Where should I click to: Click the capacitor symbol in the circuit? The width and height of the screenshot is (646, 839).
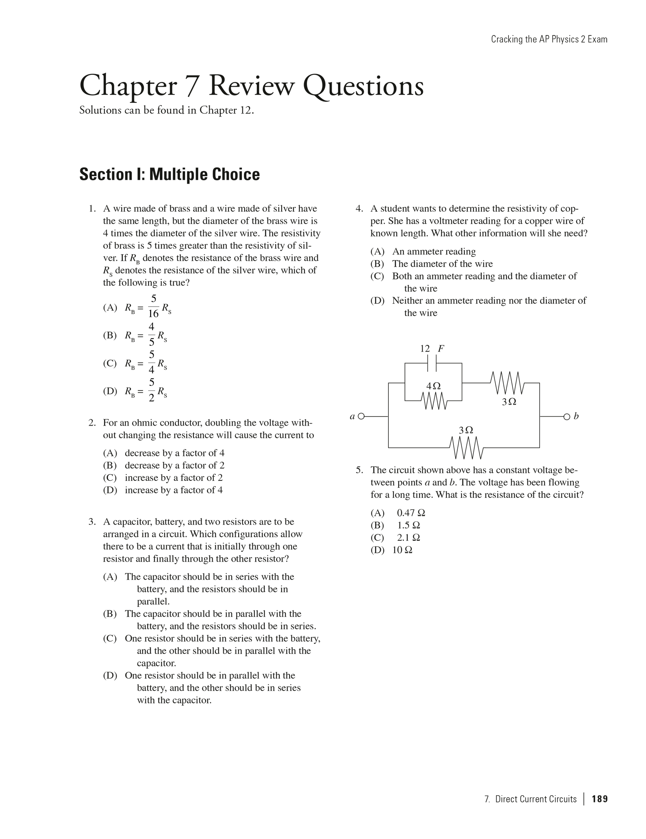433,363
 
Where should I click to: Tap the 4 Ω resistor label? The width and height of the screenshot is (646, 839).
433,386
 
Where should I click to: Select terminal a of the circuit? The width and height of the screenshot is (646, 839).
361,416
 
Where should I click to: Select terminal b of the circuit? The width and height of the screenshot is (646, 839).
566,417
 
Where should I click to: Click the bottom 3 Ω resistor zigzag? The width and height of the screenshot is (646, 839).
466,448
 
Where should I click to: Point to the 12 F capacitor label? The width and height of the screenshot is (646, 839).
432,348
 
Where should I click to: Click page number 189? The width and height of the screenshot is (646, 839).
600,799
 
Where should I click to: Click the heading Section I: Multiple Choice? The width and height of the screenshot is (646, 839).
169,174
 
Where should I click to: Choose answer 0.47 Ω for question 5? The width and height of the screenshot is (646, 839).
411,513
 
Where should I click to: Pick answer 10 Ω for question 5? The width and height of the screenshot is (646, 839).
402,550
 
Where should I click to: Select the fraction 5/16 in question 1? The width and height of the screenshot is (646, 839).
154,306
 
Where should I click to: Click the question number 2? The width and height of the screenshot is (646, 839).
92,423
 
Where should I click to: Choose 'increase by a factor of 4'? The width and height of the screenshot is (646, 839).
174,490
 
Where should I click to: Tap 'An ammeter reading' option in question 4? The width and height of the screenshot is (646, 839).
434,251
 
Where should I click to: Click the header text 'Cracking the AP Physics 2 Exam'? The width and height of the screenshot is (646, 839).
549,39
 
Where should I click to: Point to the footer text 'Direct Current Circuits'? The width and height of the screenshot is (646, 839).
535,799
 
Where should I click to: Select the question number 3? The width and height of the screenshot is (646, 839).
92,522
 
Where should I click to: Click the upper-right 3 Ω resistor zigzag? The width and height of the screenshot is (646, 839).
507,383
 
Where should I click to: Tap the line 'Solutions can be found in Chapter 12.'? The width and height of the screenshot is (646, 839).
167,110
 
